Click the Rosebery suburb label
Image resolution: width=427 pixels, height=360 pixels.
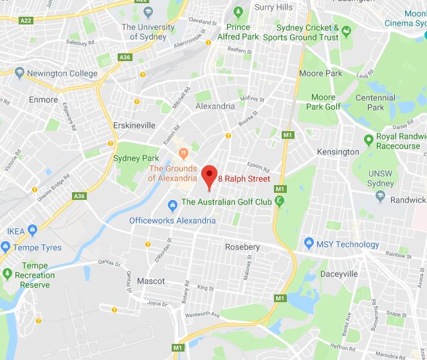pos(242,248)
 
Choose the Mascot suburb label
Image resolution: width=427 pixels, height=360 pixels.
pos(151,281)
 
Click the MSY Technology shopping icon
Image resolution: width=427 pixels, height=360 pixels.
pos(308,244)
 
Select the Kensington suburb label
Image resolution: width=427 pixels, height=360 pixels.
pos(338,152)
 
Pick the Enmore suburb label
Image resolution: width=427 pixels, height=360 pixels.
pos(44,100)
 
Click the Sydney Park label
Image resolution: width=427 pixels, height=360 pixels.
pos(136,158)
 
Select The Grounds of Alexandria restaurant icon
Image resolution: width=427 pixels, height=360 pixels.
pos(183,154)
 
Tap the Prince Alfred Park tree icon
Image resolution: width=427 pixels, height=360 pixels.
pos(238,12)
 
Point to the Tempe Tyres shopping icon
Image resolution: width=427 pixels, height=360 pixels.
pos(6,248)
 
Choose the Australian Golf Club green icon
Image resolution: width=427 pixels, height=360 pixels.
pos(279,202)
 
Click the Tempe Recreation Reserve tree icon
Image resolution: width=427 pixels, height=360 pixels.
pos(8,274)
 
